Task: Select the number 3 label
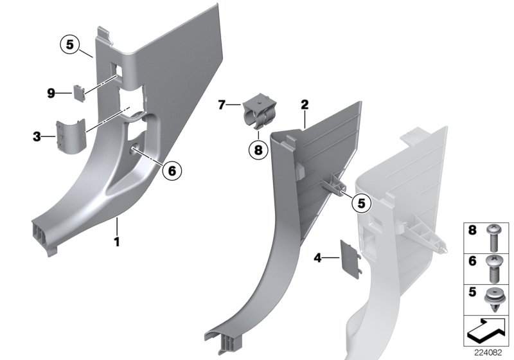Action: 37,136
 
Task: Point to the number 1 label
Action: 117,242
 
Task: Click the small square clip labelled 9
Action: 78,94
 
